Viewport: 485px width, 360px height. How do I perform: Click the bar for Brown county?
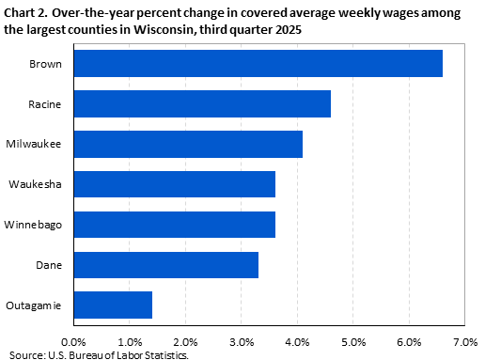coord(258,63)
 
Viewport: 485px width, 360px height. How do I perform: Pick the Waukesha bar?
coord(174,184)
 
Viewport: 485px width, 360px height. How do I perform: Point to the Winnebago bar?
coord(174,225)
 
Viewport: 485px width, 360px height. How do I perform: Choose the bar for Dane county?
coord(165,265)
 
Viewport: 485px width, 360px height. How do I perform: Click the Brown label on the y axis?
coord(47,63)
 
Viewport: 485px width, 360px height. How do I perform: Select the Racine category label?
coord(46,103)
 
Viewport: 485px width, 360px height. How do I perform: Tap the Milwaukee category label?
coord(39,144)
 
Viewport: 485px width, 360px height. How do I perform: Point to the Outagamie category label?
coord(37,305)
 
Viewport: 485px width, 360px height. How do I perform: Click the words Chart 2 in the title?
coord(30,12)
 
